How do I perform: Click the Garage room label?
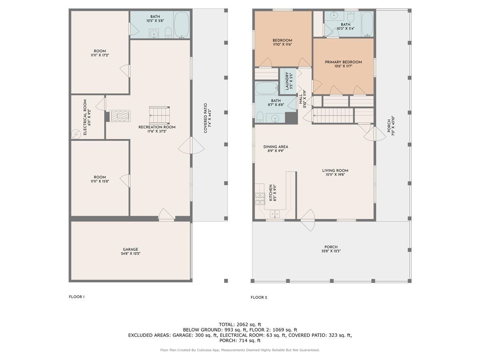(x=130, y=251)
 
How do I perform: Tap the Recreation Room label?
(x=157, y=129)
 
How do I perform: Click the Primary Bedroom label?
(x=343, y=64)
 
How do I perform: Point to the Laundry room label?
(x=288, y=81)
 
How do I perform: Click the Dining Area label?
(x=276, y=149)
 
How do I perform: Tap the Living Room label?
(x=335, y=172)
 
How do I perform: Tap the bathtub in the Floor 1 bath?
(x=181, y=25)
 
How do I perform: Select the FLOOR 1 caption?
(x=77, y=297)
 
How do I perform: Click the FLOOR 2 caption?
(x=259, y=297)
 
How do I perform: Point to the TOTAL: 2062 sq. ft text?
(x=240, y=324)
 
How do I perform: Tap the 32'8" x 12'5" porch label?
(x=331, y=249)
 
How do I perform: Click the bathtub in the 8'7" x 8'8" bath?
(x=266, y=89)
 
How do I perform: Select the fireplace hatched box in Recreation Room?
(x=119, y=116)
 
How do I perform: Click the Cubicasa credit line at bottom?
(x=240, y=350)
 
